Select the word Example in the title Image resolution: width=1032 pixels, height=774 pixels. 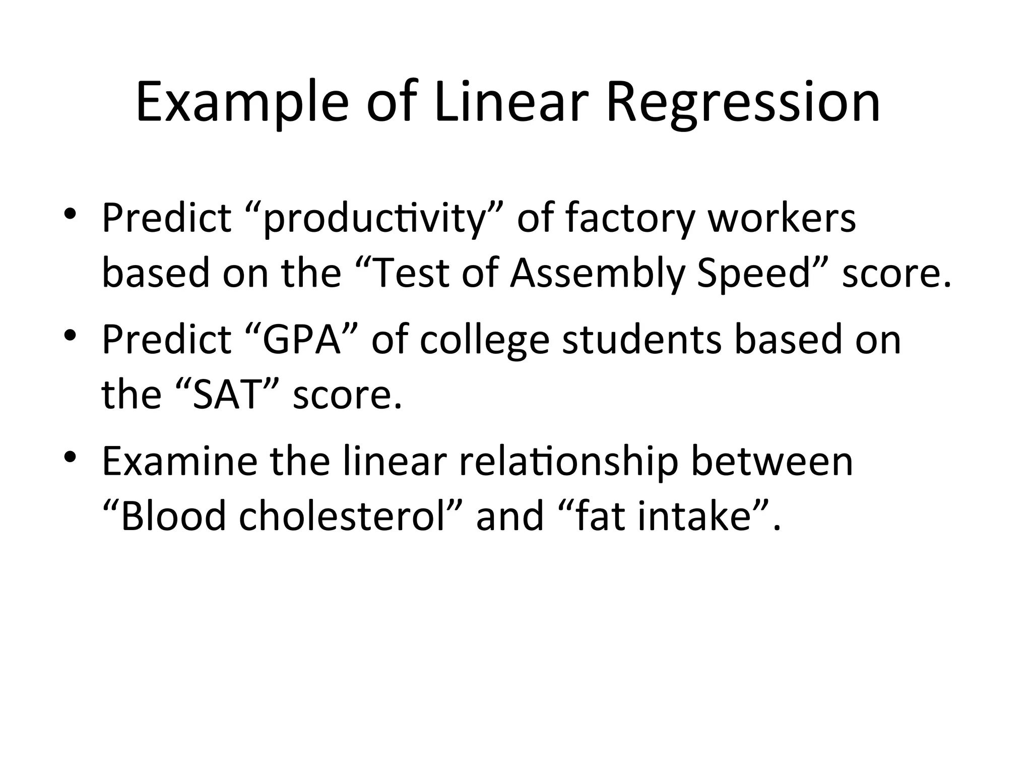(242, 103)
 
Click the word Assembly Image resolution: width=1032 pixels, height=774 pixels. (597, 275)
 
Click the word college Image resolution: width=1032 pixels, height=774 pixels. (484, 341)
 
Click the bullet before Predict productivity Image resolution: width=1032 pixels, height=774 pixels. (70, 214)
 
